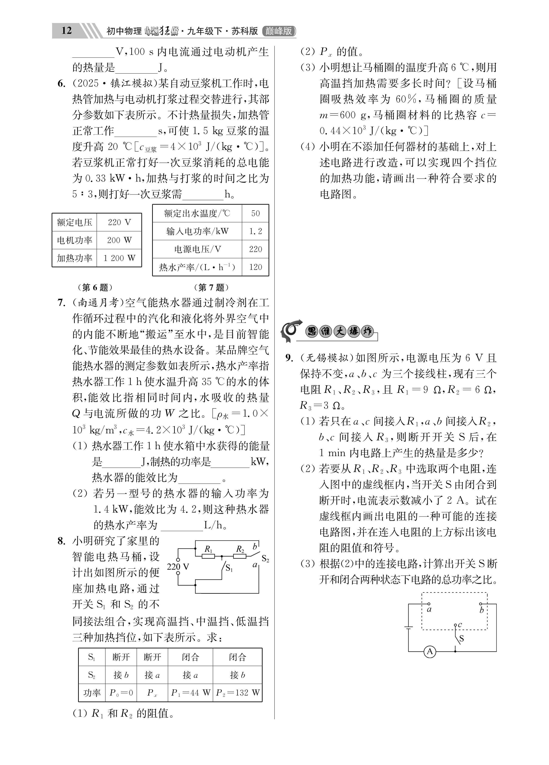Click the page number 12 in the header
[x=66, y=31]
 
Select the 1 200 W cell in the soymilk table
[x=119, y=258]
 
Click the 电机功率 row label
[x=74, y=240]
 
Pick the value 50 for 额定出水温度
[x=255, y=213]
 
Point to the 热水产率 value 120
[x=255, y=267]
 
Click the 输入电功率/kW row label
[x=197, y=231]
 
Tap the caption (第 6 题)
[x=95, y=287]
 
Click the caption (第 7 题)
[x=212, y=287]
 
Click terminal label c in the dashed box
[x=460, y=624]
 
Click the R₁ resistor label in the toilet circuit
[x=208, y=549]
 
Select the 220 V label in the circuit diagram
[x=178, y=567]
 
